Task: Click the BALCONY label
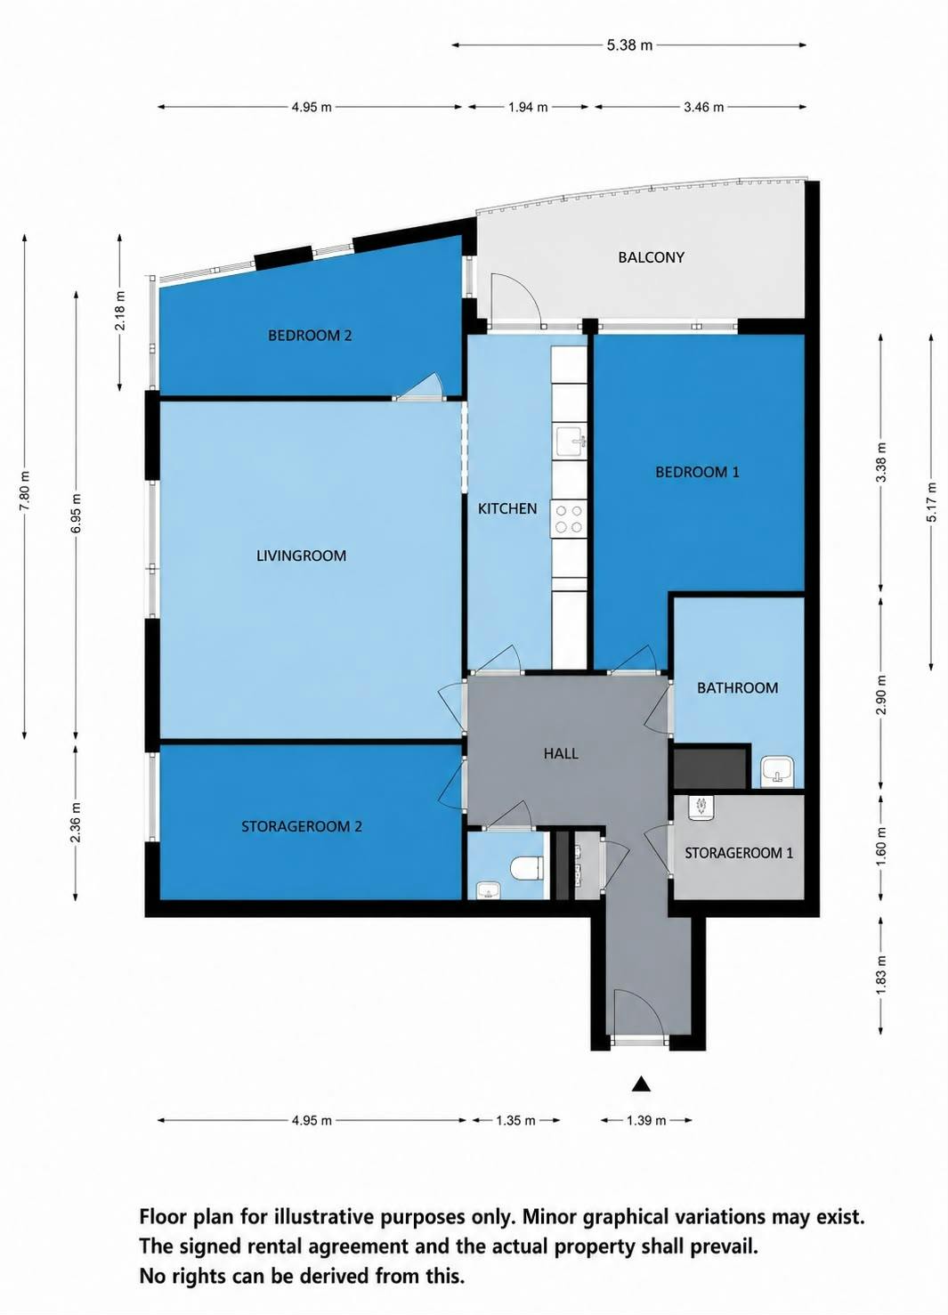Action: tap(651, 257)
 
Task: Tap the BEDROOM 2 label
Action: tap(310, 336)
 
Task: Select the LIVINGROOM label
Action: tap(301, 556)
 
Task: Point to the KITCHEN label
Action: tap(507, 508)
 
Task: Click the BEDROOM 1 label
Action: tap(697, 471)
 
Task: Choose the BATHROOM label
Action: tap(737, 687)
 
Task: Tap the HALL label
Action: tap(561, 753)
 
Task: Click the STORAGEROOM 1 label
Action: tap(739, 852)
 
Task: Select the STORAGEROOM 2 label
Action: tap(302, 826)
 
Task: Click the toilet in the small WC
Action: tap(524, 868)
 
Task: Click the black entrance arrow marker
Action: tap(642, 1084)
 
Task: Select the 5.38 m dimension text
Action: tap(629, 45)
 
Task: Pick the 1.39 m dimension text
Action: tap(646, 1120)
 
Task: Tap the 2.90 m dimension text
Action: tap(881, 695)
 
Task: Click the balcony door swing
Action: tap(516, 298)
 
